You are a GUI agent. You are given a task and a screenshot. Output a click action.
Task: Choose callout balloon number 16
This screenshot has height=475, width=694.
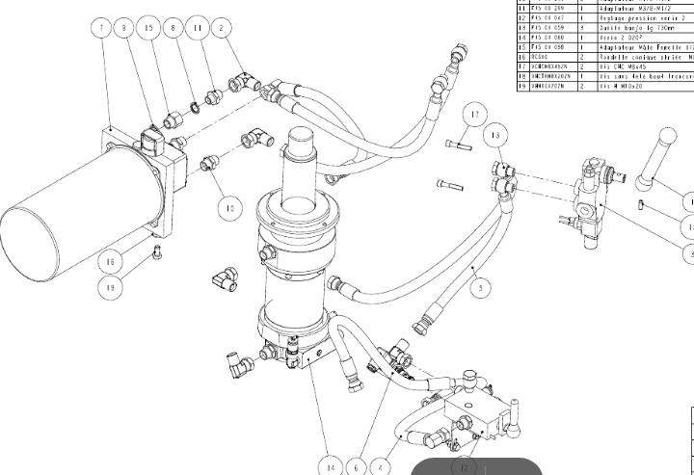coord(111,261)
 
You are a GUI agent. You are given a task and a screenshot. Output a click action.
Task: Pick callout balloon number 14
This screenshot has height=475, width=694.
coord(331,467)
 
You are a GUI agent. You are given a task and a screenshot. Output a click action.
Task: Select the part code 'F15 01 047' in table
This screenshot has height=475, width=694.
coord(546,17)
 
